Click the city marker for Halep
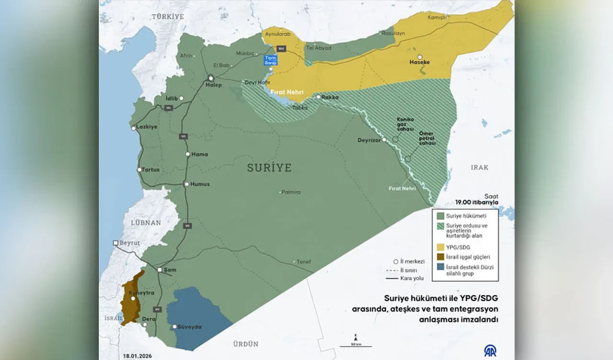pyautogui.click(x=210, y=78)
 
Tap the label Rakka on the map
pyautogui.click(x=330, y=97)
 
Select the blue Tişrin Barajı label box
pyautogui.click(x=271, y=60)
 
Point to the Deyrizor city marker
pyautogui.click(x=384, y=140)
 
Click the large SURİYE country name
pyautogui.click(x=269, y=168)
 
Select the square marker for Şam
pyautogui.click(x=159, y=270)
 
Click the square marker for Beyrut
pyautogui.click(x=115, y=243)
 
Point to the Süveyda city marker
pyautogui.click(x=174, y=326)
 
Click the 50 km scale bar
pyautogui.click(x=355, y=345)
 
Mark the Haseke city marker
pyautogui.click(x=420, y=57)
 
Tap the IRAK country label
pyautogui.click(x=479, y=167)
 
